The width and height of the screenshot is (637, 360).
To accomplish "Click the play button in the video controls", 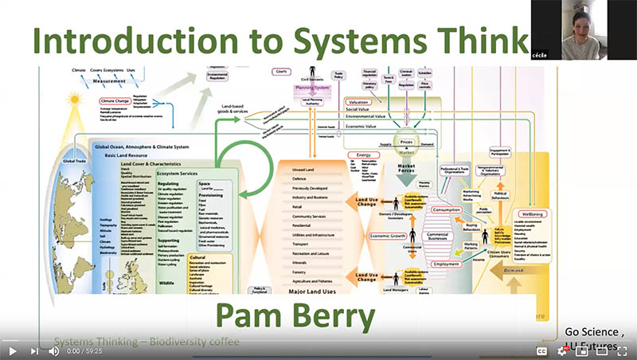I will click(12, 350).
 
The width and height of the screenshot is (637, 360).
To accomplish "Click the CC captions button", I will click(541, 350).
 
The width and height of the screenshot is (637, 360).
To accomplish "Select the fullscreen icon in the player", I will click(622, 350).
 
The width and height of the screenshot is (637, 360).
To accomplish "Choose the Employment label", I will click(446, 263).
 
